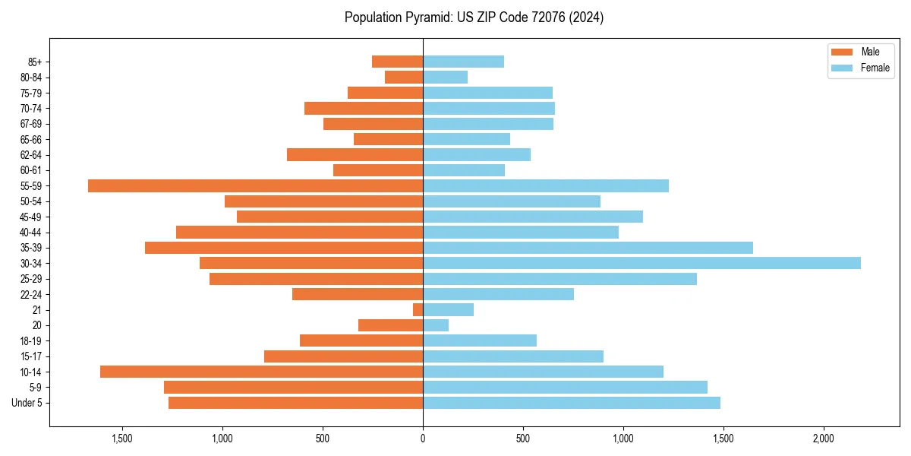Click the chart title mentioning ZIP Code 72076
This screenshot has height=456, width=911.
474,17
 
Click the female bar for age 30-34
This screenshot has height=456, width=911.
641,263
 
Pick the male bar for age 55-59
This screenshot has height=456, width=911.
255,185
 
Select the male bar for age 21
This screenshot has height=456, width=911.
418,309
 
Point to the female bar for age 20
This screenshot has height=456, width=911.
436,325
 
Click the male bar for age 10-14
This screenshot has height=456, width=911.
261,372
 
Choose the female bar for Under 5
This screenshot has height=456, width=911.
571,403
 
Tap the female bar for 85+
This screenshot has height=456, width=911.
463,62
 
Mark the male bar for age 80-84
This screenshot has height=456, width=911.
404,77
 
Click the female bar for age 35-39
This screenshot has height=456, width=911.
588,248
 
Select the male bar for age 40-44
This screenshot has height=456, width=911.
299,232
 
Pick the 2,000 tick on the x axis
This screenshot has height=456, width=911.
823,439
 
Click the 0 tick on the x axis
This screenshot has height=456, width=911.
423,439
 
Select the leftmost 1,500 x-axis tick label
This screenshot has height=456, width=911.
122,439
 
